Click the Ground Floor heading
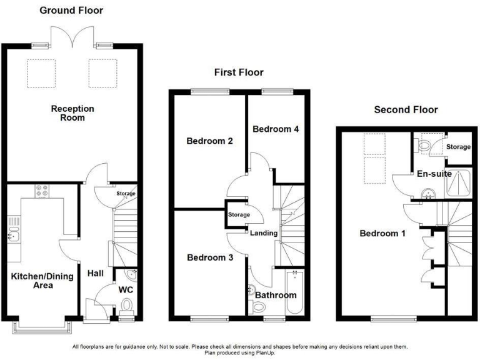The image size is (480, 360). pos(72,10)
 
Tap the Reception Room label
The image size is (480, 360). pos(72,113)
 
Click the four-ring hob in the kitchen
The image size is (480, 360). pos(42,191)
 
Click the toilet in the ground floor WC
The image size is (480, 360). pos(127,306)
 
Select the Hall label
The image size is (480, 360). pos(96,272)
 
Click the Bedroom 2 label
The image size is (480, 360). pos(209,141)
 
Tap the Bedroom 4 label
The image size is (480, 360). pos(276,129)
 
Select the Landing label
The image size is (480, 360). pos(263,233)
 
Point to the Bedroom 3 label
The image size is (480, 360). pos(209,257)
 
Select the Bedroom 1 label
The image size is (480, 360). pos(382,234)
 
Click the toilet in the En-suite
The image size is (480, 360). pos(425,145)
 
